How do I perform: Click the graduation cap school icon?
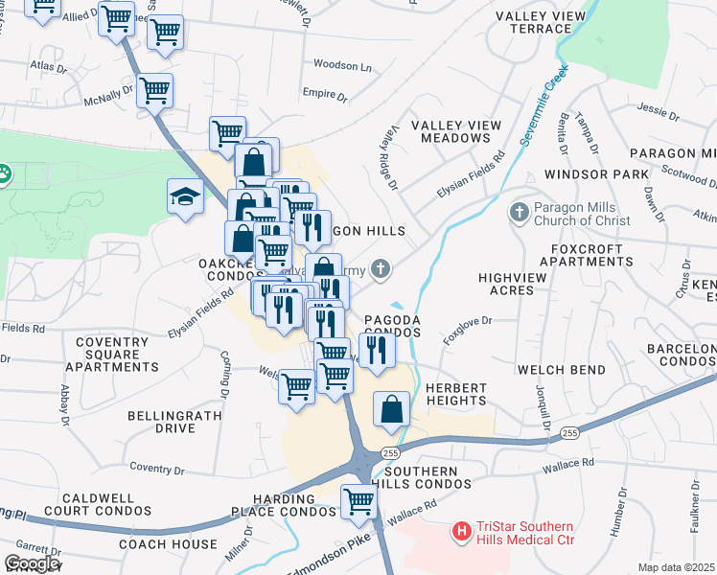185,197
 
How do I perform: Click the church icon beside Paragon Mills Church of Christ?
519,212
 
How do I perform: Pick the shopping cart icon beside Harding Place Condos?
358,500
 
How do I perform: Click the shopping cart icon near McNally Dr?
154,91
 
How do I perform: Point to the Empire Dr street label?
325,95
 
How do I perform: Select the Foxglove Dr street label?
467,332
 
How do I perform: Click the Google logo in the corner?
32,563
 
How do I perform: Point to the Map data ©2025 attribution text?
676,567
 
